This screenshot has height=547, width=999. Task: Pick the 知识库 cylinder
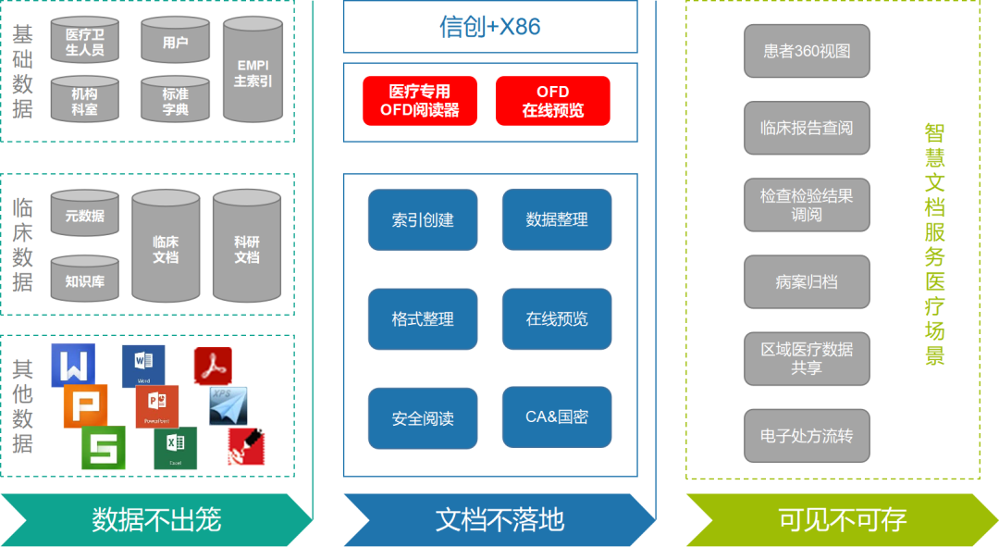(x=84, y=279)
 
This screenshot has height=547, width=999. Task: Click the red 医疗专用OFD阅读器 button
(x=420, y=101)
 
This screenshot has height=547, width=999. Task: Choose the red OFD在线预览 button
(x=553, y=101)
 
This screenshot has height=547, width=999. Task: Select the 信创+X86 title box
(x=490, y=27)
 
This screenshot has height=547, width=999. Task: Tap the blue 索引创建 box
(x=423, y=220)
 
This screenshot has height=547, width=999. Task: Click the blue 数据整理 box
(x=557, y=220)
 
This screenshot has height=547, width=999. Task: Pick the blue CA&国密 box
(x=557, y=417)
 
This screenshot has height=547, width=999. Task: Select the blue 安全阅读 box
(x=423, y=418)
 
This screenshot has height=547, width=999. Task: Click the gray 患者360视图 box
(x=807, y=51)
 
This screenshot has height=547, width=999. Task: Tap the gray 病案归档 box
(x=807, y=281)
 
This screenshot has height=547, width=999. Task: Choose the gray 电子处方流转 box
(x=807, y=435)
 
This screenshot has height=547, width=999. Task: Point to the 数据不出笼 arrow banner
(x=156, y=519)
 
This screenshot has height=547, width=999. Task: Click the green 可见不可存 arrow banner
(x=842, y=519)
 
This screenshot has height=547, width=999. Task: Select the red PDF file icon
(x=213, y=367)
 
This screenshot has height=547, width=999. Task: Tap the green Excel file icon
(x=175, y=447)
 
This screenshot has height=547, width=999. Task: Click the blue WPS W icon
(x=73, y=366)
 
